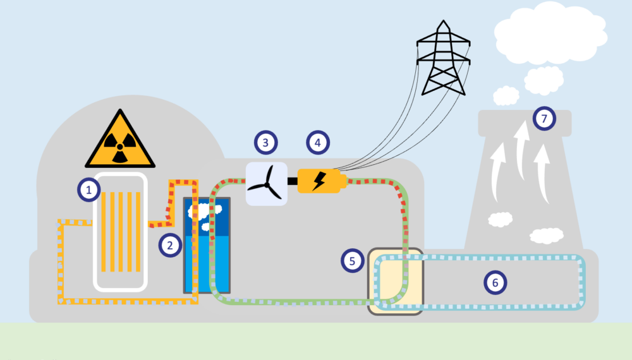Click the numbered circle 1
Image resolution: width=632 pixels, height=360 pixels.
pyautogui.click(x=89, y=189)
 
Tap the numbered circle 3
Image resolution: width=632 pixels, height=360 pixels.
pyautogui.click(x=266, y=143)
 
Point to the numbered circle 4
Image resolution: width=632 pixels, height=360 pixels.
pyautogui.click(x=318, y=143)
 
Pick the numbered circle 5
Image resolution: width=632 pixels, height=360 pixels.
pyautogui.click(x=352, y=260)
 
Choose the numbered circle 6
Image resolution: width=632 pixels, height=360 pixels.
pyautogui.click(x=495, y=283)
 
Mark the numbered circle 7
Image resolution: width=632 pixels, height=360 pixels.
pyautogui.click(x=544, y=118)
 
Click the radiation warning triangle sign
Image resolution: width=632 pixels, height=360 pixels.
pyautogui.click(x=120, y=141)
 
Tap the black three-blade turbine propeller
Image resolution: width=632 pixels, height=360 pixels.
pyautogui.click(x=266, y=184)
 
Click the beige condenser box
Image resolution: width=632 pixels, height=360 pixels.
pyautogui.click(x=396, y=280)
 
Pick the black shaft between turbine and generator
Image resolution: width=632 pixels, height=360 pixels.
pyautogui.click(x=293, y=182)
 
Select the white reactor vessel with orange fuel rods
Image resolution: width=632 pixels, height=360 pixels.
pyautogui.click(x=120, y=231)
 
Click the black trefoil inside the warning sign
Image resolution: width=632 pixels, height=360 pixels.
pyautogui.click(x=120, y=147)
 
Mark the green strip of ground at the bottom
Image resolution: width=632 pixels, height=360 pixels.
pyautogui.click(x=316, y=342)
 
